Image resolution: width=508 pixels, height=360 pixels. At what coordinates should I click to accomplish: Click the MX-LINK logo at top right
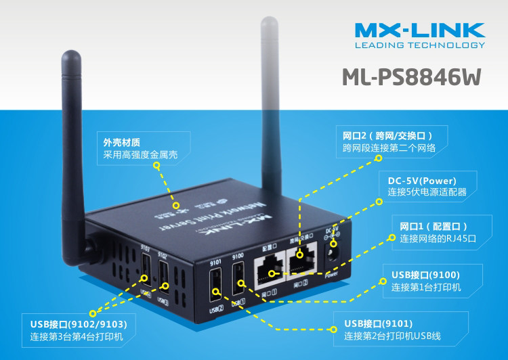(x=420, y=30)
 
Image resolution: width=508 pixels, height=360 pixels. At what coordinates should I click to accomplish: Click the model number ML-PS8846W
(x=411, y=76)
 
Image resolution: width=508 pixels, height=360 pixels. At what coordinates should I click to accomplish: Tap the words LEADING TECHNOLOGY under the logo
(x=420, y=45)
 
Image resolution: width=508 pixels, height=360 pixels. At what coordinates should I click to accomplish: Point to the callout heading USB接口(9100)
(x=426, y=275)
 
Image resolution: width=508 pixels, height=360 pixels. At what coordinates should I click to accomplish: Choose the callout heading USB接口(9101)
(x=378, y=323)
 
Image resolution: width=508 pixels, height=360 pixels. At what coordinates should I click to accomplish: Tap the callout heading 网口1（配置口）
(x=434, y=226)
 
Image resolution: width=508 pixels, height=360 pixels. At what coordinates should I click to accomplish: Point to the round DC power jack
(x=333, y=255)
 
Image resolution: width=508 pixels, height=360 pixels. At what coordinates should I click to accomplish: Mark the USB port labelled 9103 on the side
(x=145, y=279)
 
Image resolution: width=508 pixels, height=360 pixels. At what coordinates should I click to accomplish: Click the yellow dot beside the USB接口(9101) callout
(x=333, y=330)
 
